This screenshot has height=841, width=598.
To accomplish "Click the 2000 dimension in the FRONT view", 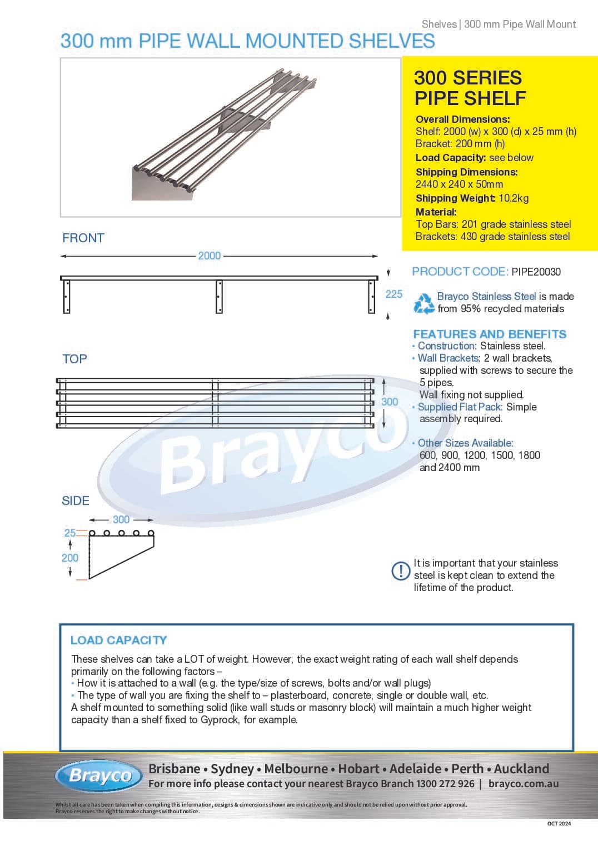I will [x=210, y=256].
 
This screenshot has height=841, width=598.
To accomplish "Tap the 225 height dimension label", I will [x=393, y=294].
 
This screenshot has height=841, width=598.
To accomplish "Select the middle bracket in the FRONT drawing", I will [x=219, y=297].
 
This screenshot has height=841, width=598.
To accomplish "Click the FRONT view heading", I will [x=83, y=238].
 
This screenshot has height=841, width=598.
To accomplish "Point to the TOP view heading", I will [x=74, y=359].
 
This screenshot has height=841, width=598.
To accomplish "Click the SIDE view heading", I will [x=76, y=500].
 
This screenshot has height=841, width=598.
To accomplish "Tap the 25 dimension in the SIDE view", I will [x=70, y=533].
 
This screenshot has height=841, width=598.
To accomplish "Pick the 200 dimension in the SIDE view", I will [x=70, y=558].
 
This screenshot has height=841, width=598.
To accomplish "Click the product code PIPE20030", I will [x=536, y=272].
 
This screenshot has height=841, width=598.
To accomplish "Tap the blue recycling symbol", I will [x=424, y=303].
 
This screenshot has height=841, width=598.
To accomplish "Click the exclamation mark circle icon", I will [x=401, y=570].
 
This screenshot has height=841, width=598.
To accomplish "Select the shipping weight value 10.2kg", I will [x=514, y=198].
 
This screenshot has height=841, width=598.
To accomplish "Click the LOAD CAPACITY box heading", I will [x=118, y=640].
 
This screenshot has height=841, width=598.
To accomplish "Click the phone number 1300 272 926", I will [x=445, y=784].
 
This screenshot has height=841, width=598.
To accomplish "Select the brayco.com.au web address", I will [x=524, y=784].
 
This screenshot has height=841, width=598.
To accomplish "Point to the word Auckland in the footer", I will [x=521, y=769].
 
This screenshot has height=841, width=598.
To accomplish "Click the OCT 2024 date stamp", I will [x=559, y=823].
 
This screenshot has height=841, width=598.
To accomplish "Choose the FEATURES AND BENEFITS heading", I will [x=490, y=334].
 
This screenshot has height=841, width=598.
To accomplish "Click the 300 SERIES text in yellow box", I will [x=468, y=78].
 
